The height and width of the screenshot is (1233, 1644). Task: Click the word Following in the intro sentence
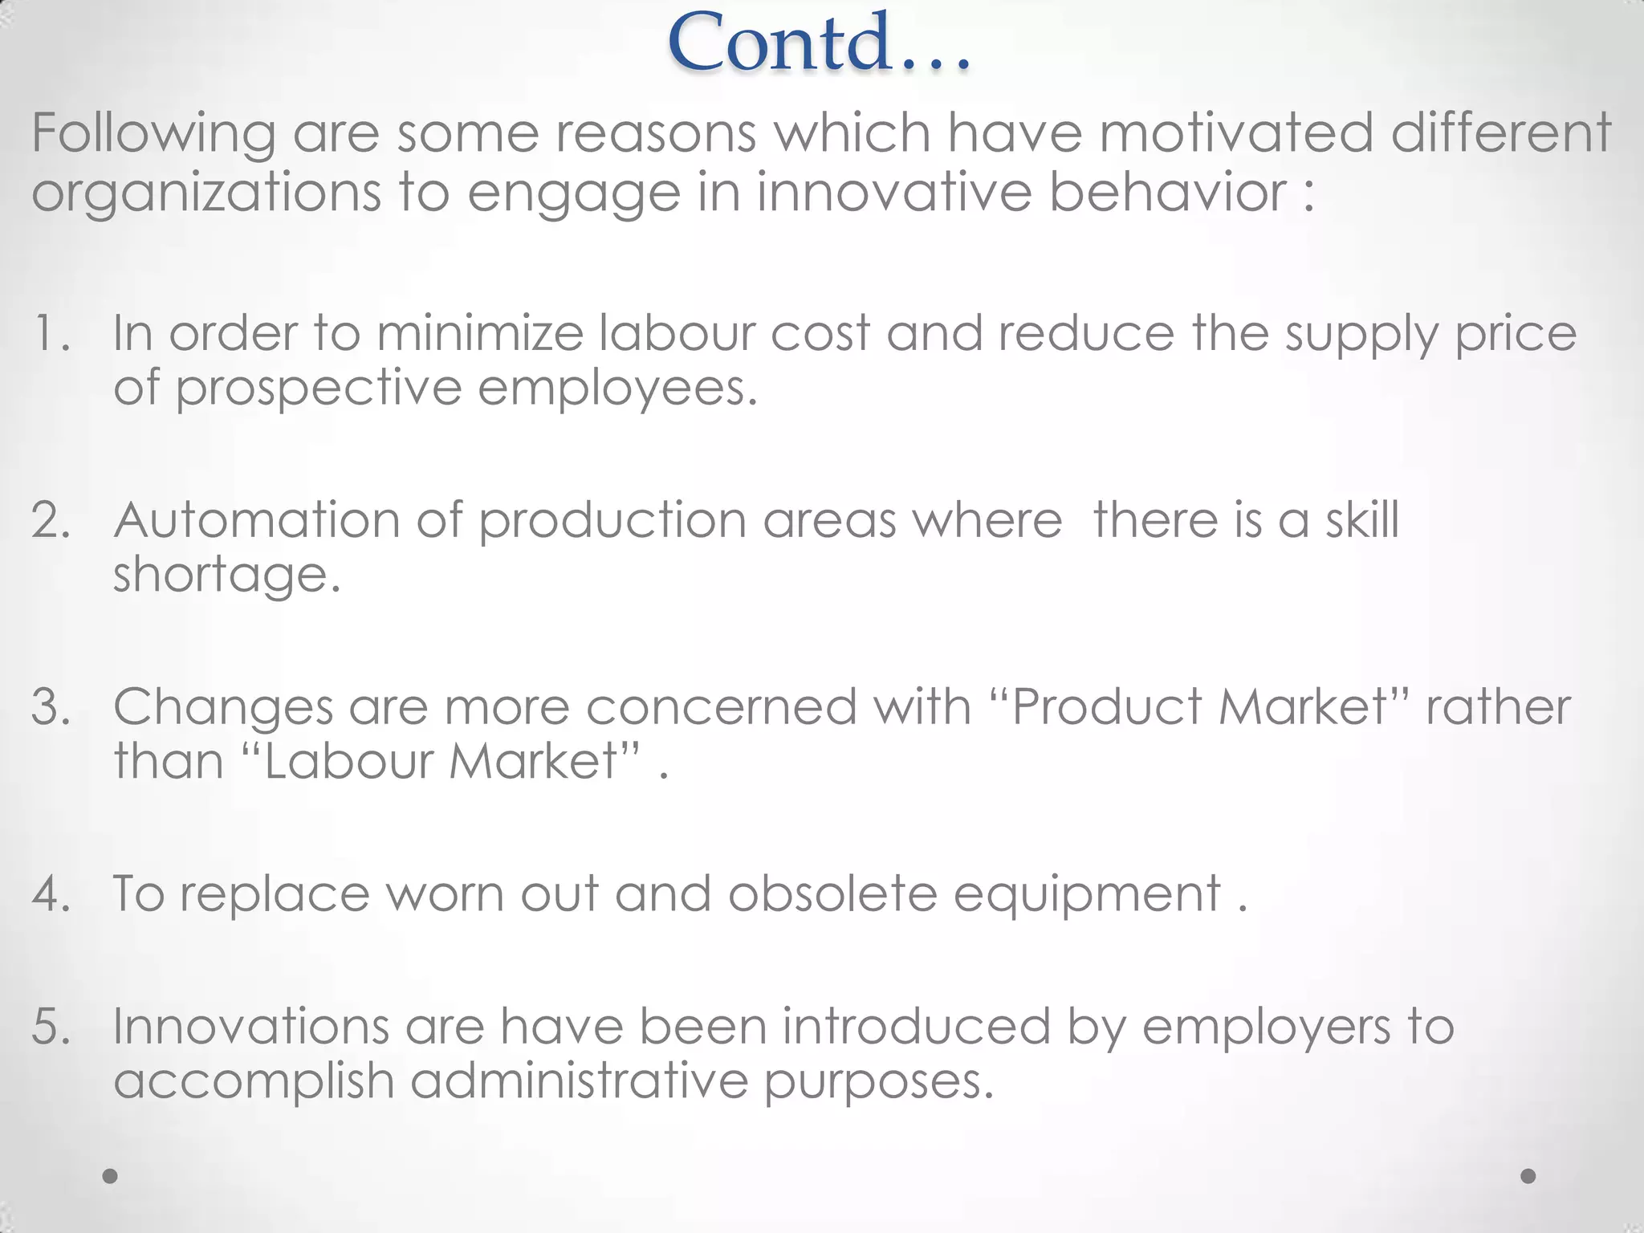(x=153, y=133)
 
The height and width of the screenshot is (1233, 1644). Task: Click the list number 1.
(x=50, y=332)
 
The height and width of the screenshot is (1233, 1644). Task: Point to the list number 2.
(x=50, y=520)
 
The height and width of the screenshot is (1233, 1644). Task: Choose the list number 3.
(x=50, y=707)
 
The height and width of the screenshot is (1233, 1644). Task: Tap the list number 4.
(x=50, y=893)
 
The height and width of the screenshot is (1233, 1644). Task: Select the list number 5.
(x=50, y=1027)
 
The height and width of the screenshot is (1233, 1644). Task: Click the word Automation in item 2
(x=256, y=520)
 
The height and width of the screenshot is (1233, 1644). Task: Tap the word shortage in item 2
(x=226, y=575)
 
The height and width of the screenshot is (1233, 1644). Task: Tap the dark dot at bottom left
(x=110, y=1176)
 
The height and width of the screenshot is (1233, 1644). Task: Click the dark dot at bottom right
(x=1528, y=1176)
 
